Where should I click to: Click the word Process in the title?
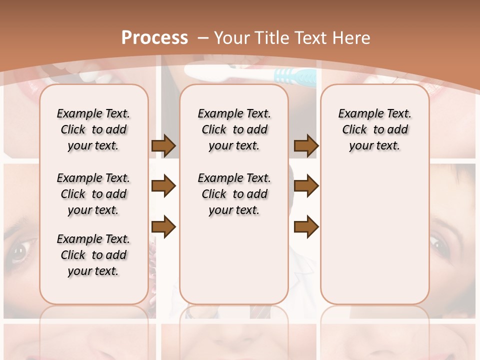[x=154, y=37]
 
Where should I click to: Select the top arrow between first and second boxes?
[x=163, y=146]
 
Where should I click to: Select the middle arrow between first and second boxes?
[x=163, y=186]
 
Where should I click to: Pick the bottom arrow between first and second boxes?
[x=163, y=227]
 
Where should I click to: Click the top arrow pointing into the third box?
[x=306, y=146]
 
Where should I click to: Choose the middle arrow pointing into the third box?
[x=306, y=186]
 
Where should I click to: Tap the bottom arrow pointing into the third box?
[x=306, y=227]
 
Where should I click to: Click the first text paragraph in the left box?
[x=93, y=129]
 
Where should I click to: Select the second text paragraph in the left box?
[x=93, y=194]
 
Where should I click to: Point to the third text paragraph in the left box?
[x=93, y=255]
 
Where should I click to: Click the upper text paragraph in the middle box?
[x=234, y=129]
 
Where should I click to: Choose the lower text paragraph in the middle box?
[x=234, y=194]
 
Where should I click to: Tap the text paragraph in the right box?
[x=374, y=129]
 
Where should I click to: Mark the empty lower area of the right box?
[x=374, y=230]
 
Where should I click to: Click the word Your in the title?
[x=232, y=38]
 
